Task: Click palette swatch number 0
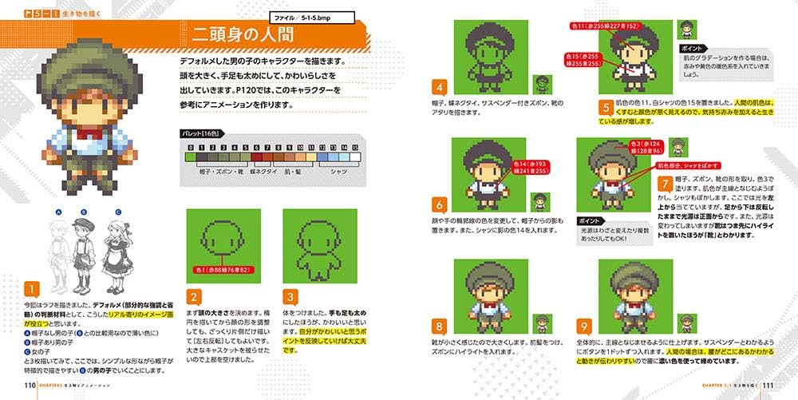[x=190, y=158]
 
